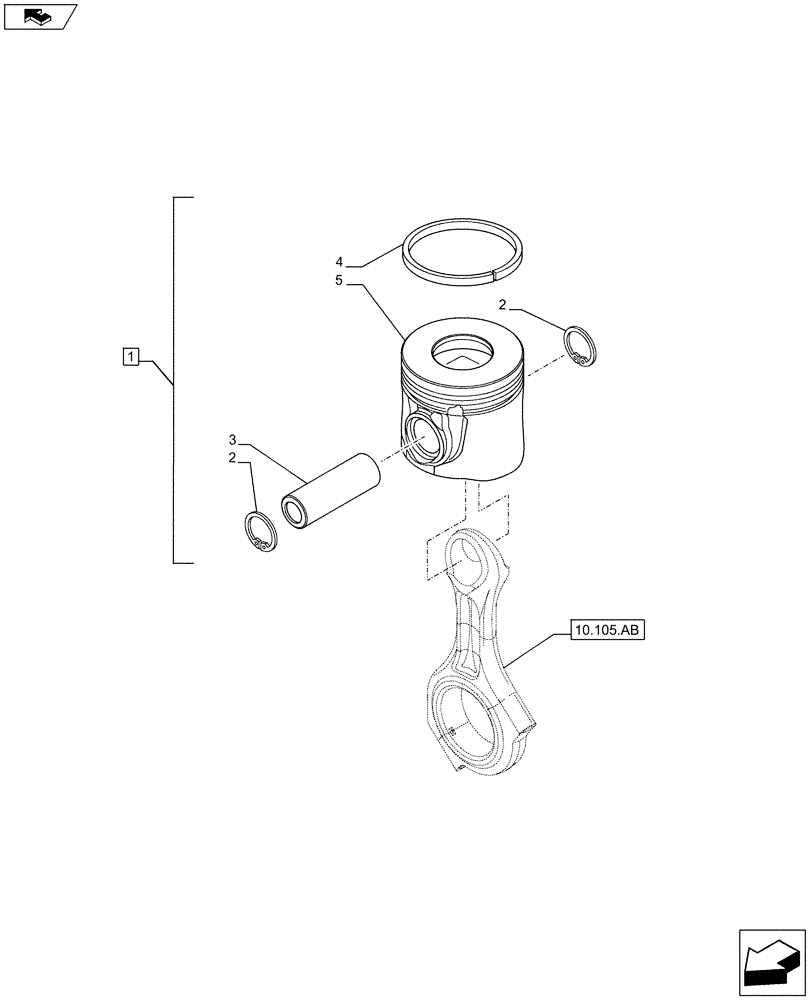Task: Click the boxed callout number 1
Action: (x=130, y=354)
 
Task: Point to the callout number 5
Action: (x=340, y=282)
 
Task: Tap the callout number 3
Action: (x=232, y=439)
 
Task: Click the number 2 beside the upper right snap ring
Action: (x=503, y=303)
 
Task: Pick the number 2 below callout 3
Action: (x=232, y=458)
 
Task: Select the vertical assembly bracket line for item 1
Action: (x=175, y=380)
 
